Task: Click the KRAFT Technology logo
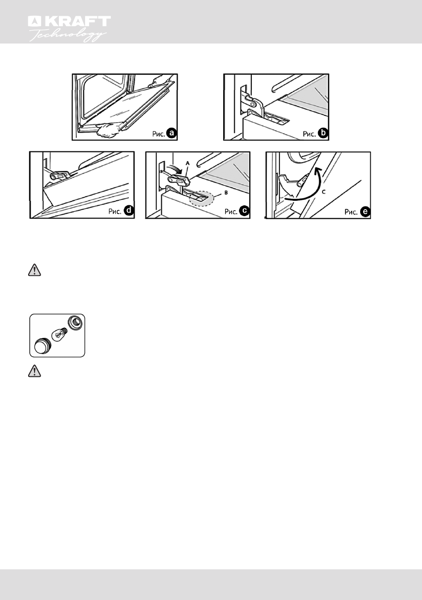pyautogui.click(x=69, y=28)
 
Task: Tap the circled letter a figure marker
pyautogui.click(x=170, y=133)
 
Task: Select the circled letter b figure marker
pyautogui.click(x=322, y=133)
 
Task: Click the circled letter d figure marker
pyautogui.click(x=128, y=211)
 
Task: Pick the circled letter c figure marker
pyautogui.click(x=244, y=211)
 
